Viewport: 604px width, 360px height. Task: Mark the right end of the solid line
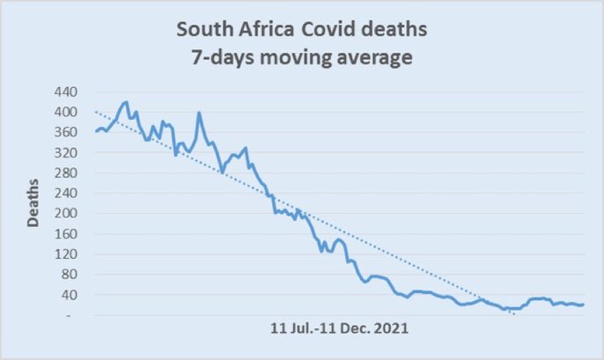point(584,305)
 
